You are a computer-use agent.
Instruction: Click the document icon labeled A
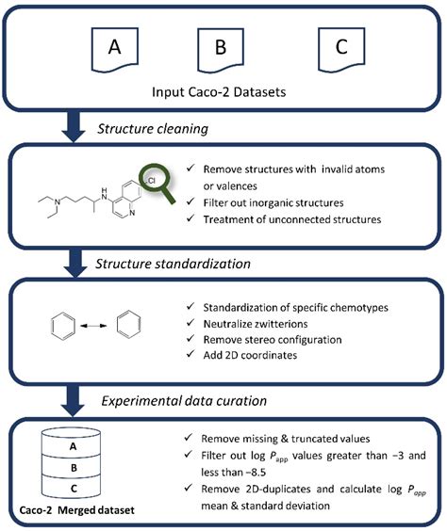pos(115,50)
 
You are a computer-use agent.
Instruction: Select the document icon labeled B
pos(221,51)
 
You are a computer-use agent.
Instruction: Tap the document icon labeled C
pos(341,50)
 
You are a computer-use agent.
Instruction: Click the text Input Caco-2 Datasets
pos(219,92)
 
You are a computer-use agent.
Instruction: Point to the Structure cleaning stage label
pos(153,129)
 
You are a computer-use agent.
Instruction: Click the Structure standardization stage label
pos(173,264)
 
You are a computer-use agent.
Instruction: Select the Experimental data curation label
pos(184,401)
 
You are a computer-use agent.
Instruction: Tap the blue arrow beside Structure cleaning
pos(74,127)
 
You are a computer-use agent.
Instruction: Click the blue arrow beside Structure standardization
pos(75,263)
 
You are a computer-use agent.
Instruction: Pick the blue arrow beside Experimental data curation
pos(73,401)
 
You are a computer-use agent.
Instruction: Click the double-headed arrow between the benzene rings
pos(93,326)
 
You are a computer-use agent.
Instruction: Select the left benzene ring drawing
pos(63,326)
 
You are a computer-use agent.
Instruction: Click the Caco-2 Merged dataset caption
pos(77,510)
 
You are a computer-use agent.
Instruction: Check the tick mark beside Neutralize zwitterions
pos(190,322)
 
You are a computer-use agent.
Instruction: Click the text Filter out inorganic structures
pos(273,202)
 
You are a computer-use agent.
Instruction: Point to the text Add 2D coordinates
pos(250,355)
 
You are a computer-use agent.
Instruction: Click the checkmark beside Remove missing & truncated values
pos(189,437)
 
